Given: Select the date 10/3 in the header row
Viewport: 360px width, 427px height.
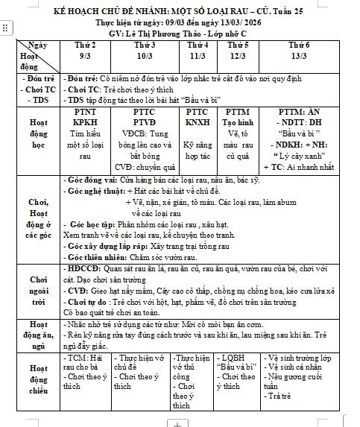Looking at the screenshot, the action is (144, 56).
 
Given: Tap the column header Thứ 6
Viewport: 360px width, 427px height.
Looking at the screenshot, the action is (299, 45).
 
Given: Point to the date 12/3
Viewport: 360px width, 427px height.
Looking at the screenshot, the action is (237, 56).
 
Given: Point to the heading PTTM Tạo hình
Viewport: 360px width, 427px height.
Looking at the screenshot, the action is (237, 118).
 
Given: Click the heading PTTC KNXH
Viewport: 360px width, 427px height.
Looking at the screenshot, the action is (198, 118).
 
